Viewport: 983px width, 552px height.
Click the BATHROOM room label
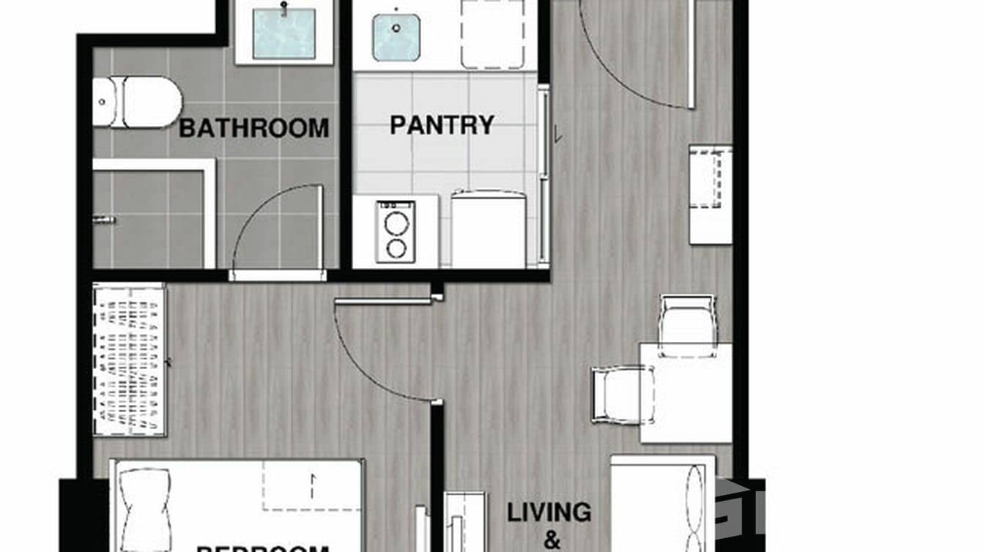tap(253, 128)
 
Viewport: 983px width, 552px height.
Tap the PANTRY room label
tap(442, 124)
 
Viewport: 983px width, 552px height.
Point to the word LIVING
tap(549, 512)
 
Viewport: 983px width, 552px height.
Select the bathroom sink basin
tap(283, 34)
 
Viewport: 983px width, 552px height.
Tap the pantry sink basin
tap(396, 37)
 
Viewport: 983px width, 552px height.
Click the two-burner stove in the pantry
tap(396, 231)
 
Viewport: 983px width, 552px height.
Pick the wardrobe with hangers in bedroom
tap(129, 359)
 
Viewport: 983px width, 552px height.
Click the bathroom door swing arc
tap(271, 220)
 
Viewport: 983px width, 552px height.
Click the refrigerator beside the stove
tap(488, 229)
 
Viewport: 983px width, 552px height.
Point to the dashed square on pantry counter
tap(492, 34)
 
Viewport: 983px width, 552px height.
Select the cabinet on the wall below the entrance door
tap(710, 194)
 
